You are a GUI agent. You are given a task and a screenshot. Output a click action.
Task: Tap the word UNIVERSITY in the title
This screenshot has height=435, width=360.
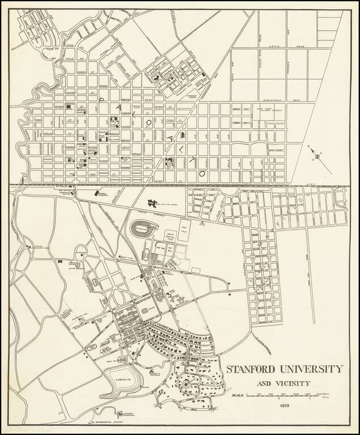[x=314, y=369]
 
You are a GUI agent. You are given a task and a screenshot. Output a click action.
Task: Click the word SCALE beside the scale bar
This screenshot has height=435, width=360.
[x=238, y=394]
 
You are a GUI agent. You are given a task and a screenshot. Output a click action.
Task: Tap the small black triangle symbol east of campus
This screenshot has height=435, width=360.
[x=229, y=295]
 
